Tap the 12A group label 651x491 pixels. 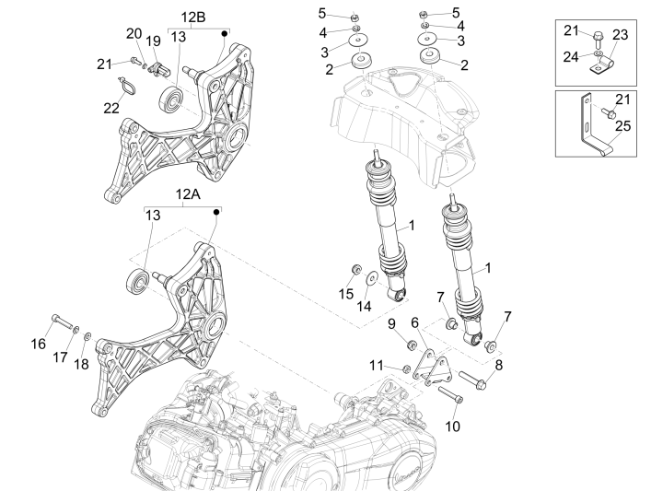tap(188, 194)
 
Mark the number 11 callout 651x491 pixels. tap(375, 366)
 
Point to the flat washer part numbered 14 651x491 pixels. tap(370, 276)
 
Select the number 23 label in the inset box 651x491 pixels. tap(620, 35)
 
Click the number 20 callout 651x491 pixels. tap(134, 34)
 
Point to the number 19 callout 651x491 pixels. tap(154, 41)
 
